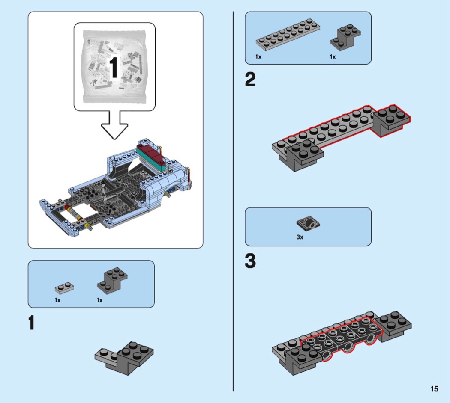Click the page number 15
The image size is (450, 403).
[x=435, y=389]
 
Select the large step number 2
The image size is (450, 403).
[x=250, y=80]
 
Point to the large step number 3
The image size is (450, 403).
[x=250, y=261]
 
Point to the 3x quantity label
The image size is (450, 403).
[x=300, y=237]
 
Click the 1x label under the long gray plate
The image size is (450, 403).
[x=258, y=56]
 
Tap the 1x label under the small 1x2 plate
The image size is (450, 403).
[x=58, y=300]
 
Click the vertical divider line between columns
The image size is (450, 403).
[x=233, y=201]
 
